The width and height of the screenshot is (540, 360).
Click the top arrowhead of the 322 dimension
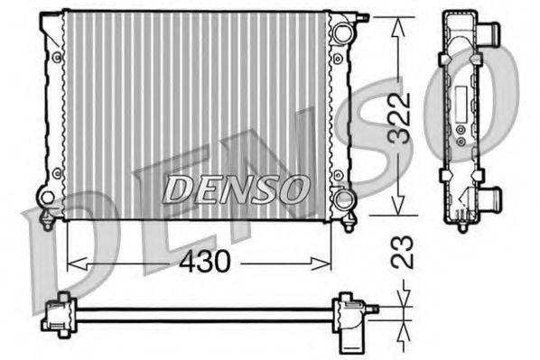click(x=395, y=23)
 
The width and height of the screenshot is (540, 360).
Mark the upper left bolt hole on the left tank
click(x=56, y=57)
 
